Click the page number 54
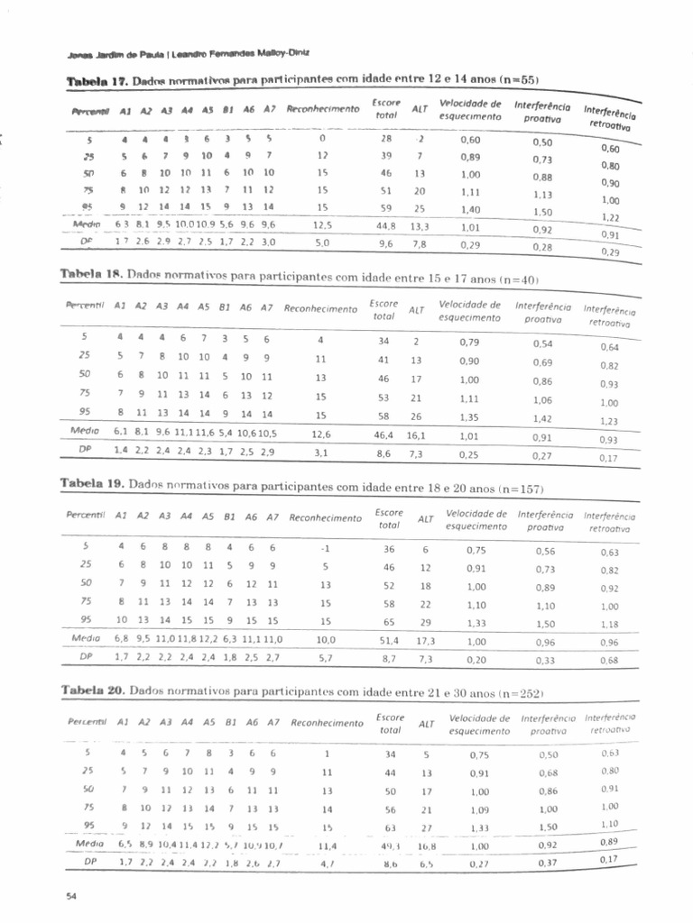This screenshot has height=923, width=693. (x=72, y=895)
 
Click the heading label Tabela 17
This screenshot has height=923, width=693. (x=97, y=81)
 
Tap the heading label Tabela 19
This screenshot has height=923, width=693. (x=91, y=484)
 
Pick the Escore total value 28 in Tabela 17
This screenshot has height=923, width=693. (x=386, y=139)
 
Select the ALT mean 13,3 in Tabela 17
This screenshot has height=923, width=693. (x=420, y=226)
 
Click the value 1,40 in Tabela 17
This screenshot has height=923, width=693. (x=470, y=208)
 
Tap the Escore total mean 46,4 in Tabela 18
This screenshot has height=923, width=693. (x=383, y=434)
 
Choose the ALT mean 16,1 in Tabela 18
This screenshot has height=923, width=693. (x=416, y=434)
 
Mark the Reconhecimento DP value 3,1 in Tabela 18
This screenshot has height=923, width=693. (x=320, y=453)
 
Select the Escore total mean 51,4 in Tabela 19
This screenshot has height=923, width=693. (x=389, y=640)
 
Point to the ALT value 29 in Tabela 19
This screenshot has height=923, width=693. (x=425, y=623)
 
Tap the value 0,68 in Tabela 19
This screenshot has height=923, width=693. (x=610, y=661)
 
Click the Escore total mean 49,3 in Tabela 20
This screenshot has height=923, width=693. (x=390, y=845)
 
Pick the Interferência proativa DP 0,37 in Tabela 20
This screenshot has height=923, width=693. (x=548, y=863)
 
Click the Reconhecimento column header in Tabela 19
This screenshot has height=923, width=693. (x=326, y=518)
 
